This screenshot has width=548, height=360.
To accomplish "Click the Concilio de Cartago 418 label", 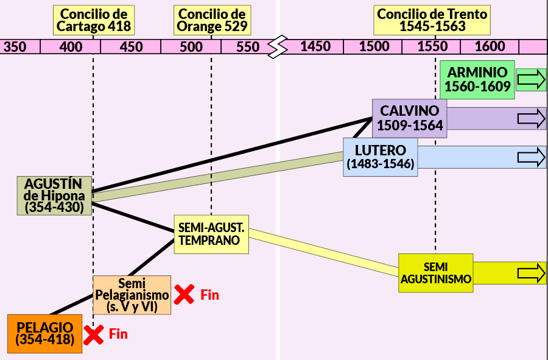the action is (x=94, y=20).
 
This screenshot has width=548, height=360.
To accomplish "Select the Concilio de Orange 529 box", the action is (x=212, y=20).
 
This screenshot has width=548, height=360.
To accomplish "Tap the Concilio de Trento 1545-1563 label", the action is (x=432, y=20).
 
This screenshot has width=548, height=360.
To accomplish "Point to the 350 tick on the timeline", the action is (x=15, y=47).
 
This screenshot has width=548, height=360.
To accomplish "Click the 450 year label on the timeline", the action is (x=131, y=47).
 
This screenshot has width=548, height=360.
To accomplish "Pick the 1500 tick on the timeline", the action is (x=374, y=46).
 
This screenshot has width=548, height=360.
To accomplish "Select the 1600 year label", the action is (x=490, y=46).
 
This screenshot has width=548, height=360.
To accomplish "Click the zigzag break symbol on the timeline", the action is (x=278, y=46).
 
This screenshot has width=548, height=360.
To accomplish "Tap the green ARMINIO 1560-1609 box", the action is (x=477, y=80).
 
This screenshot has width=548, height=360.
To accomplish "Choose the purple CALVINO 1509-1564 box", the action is (x=410, y=119).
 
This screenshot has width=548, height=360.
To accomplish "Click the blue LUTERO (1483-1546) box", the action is (x=380, y=157).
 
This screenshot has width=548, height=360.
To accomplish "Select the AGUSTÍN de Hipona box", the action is (x=55, y=196).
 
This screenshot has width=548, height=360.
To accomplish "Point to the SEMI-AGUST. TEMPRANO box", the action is (x=211, y=234).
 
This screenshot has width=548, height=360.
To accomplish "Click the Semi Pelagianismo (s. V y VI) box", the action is (x=132, y=295).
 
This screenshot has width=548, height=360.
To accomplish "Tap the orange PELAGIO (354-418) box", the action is (x=44, y=334).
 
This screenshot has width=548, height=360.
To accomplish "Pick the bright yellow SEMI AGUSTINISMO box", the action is (x=436, y=273).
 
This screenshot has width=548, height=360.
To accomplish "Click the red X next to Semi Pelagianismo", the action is (x=184, y=294).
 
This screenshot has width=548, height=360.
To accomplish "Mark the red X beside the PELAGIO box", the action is (x=93, y=334).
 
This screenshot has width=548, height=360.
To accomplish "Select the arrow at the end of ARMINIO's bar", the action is (x=531, y=80).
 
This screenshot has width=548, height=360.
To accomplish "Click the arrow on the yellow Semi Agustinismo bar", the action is (x=531, y=273).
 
